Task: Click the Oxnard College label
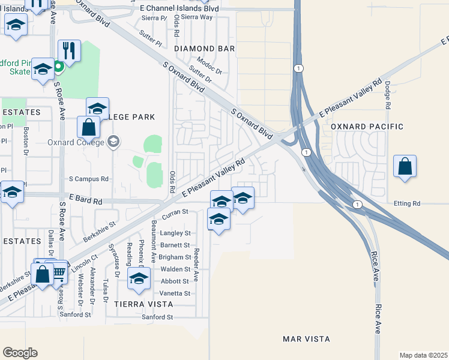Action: click(x=75, y=143)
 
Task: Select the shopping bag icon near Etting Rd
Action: click(x=405, y=166)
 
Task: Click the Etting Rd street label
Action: click(x=407, y=204)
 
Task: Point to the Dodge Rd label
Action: click(x=388, y=95)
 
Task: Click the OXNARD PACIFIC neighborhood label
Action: click(x=367, y=127)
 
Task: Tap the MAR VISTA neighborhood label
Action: click(x=306, y=339)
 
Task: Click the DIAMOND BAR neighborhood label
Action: click(x=204, y=48)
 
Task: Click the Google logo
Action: click(x=20, y=353)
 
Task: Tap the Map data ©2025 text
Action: click(x=423, y=355)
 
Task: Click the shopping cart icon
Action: click(x=58, y=272)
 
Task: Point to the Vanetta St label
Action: click(x=175, y=293)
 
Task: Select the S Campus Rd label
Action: click(x=88, y=179)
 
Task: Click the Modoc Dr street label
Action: click(x=210, y=65)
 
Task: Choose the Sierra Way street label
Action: click(x=197, y=17)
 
